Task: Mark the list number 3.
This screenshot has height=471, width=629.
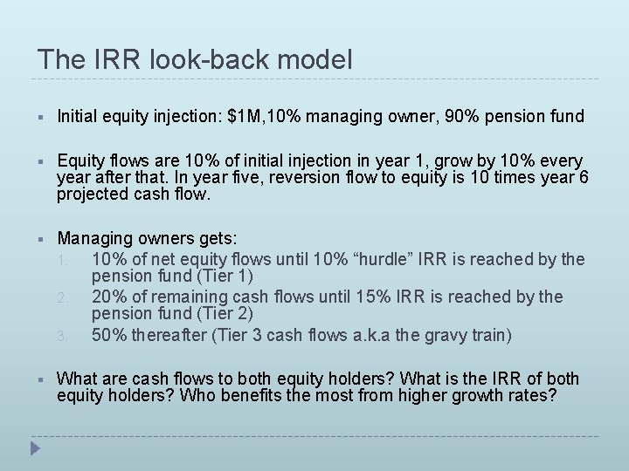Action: [x=75, y=335]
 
